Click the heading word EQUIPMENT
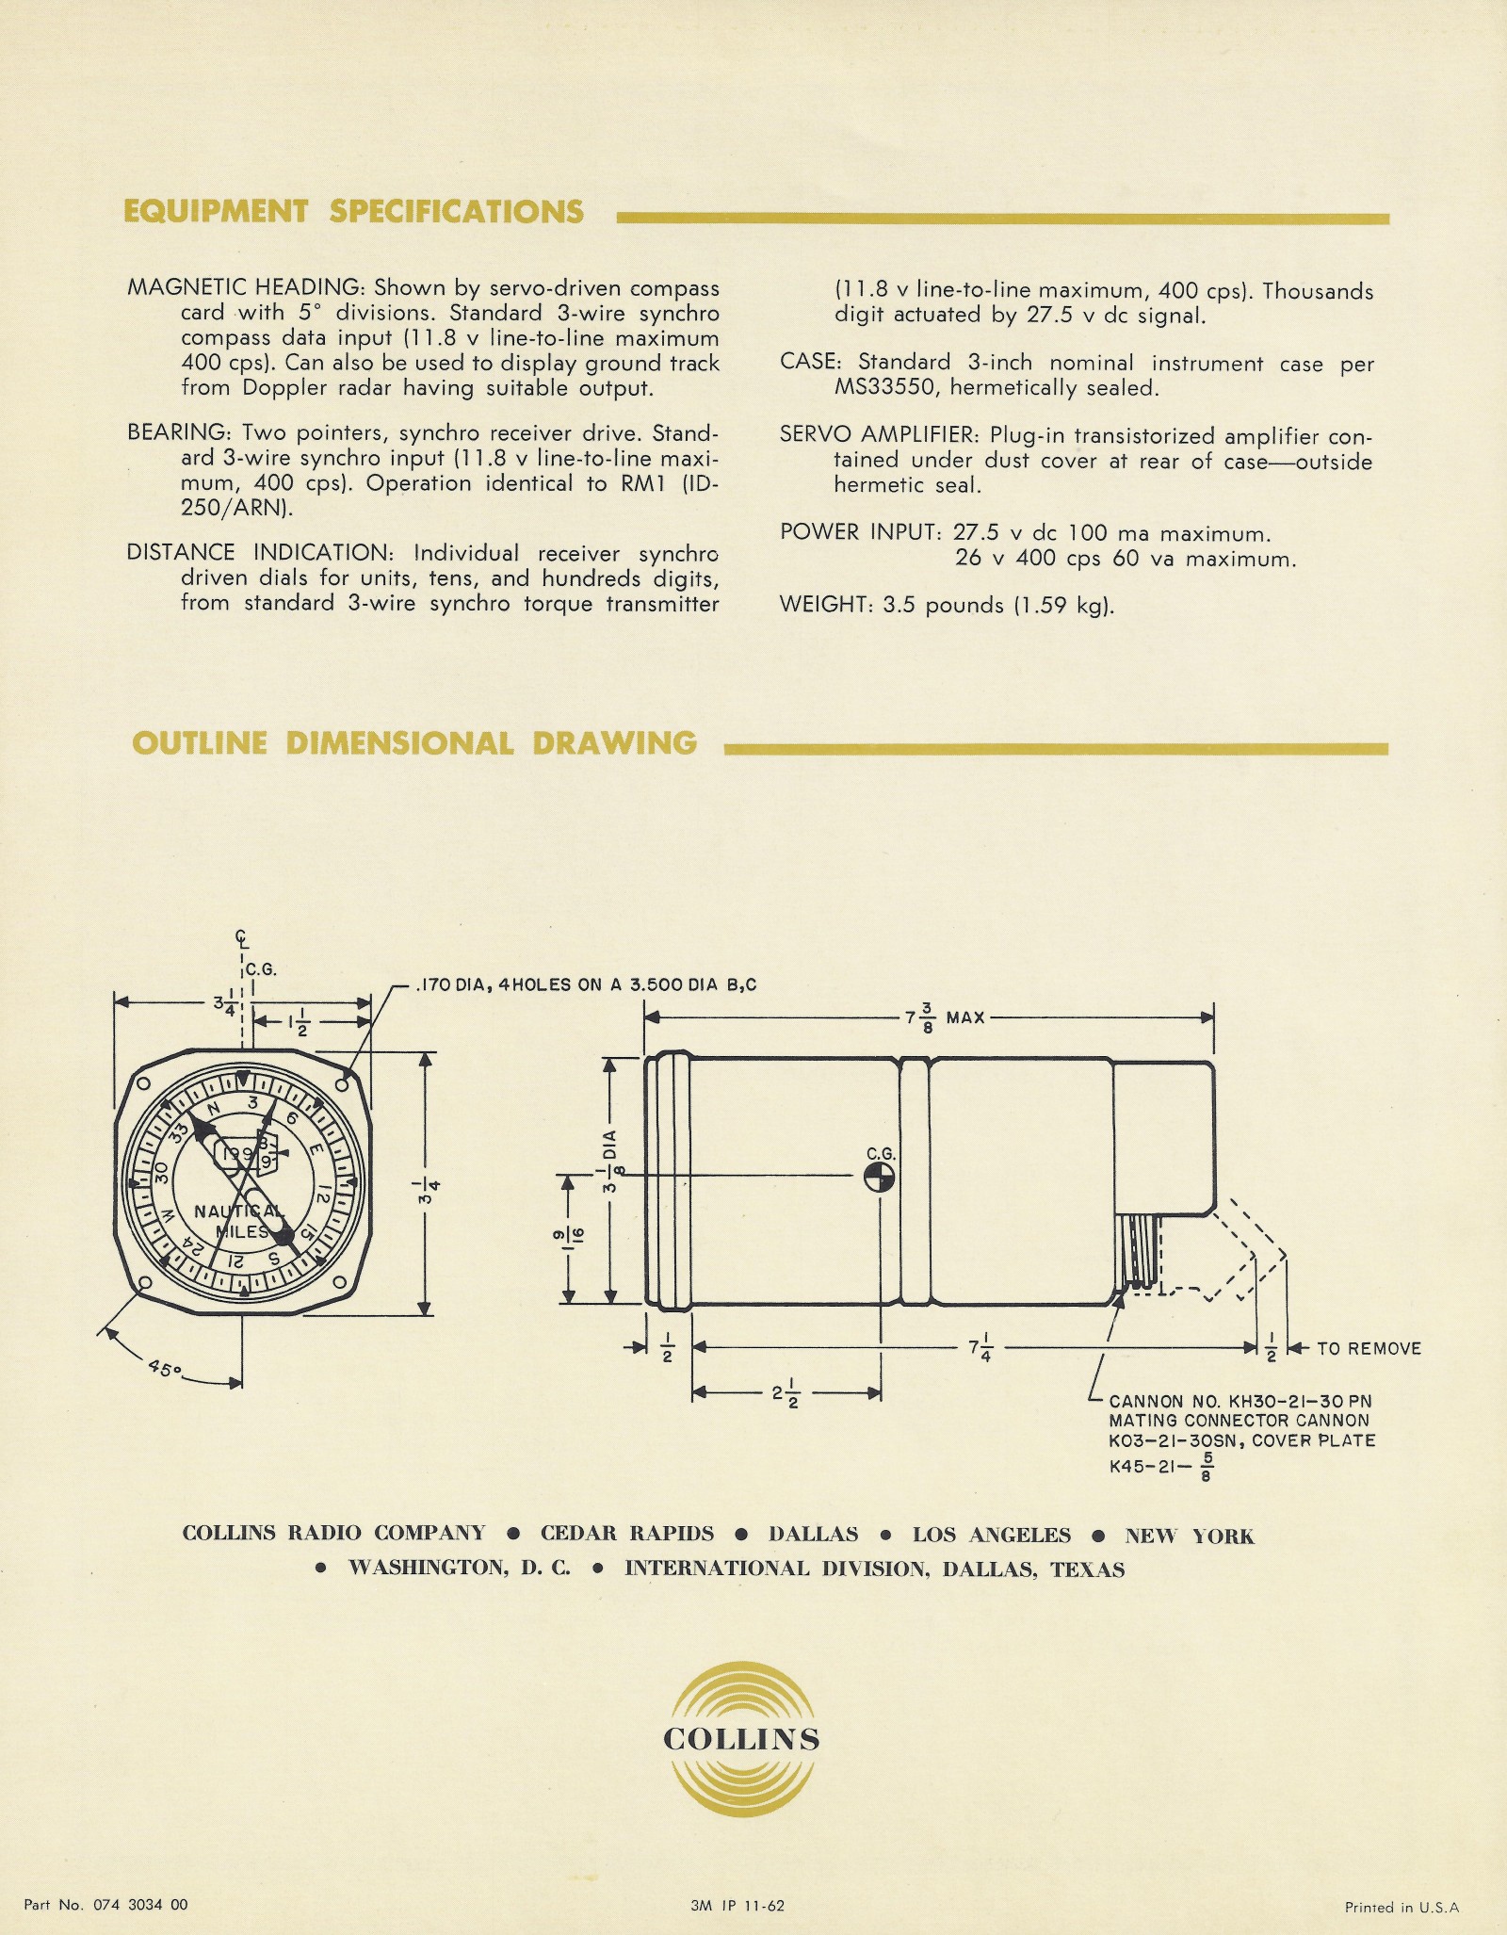[216, 212]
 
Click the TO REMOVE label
[1369, 1348]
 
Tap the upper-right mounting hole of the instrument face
[343, 1085]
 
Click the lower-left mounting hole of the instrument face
[143, 1284]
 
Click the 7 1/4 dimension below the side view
[980, 1349]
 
